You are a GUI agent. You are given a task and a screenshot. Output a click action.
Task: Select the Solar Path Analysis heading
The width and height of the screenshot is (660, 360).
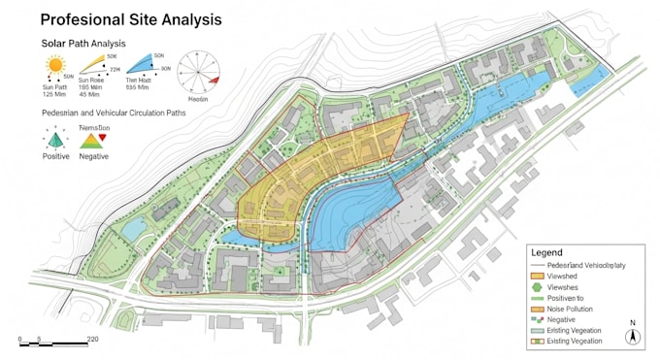pyautogui.click(x=82, y=44)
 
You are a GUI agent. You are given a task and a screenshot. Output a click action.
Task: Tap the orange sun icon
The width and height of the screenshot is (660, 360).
pyautogui.click(x=53, y=67)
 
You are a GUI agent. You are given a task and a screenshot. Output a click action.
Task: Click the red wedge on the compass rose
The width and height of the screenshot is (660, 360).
pyautogui.click(x=214, y=79)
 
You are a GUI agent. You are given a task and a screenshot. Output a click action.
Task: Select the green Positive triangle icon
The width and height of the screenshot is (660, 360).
pyautogui.click(x=56, y=140)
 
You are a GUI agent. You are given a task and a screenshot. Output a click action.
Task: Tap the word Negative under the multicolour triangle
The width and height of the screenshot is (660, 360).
pyautogui.click(x=93, y=156)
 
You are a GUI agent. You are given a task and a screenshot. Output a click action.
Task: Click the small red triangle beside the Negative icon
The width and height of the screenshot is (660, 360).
pyautogui.click(x=103, y=138)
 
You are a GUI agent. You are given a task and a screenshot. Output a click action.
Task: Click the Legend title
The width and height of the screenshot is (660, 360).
pyautogui.click(x=546, y=252)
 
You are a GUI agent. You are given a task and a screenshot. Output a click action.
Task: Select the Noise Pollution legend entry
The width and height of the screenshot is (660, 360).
pyautogui.click(x=571, y=309)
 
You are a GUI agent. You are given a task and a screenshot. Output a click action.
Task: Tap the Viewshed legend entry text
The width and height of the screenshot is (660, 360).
pyautogui.click(x=563, y=277)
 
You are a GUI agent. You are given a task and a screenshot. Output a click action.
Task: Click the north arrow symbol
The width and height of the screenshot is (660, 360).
pyautogui.click(x=632, y=335)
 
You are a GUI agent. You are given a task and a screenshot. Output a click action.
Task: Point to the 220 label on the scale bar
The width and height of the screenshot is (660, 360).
pyautogui.click(x=92, y=339)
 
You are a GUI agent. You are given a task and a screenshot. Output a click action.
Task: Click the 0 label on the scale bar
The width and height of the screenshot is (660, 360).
pyautogui.click(x=20, y=339)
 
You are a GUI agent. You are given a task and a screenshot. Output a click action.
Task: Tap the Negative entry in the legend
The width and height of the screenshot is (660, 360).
pyautogui.click(x=562, y=319)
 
